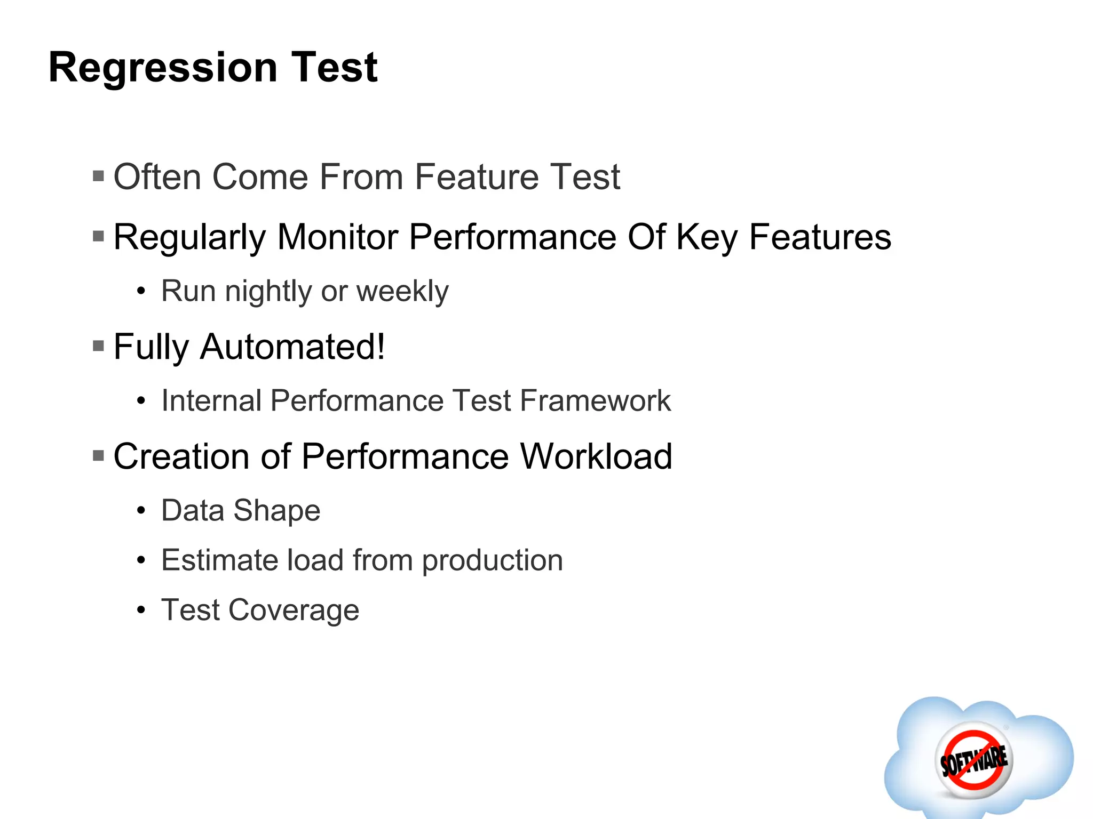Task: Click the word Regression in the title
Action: [x=163, y=68]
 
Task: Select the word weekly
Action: [x=402, y=292]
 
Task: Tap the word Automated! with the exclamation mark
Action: [x=292, y=347]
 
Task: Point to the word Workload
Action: [x=596, y=457]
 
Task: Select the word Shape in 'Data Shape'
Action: [x=277, y=511]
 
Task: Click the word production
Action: [x=492, y=561]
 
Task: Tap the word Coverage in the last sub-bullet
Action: [x=294, y=610]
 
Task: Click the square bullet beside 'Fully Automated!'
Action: [x=98, y=347]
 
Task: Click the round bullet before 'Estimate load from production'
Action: [x=141, y=560]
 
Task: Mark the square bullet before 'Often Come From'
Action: [x=98, y=176]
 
